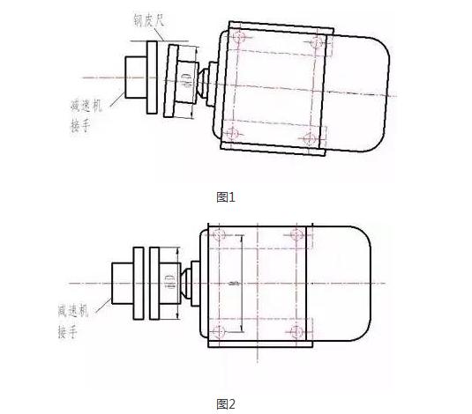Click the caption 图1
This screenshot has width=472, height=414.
coord(227,197)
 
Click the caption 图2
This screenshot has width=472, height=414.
coord(227,404)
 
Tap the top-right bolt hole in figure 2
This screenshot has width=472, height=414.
coord(296,236)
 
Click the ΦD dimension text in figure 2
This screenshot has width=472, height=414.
coord(169,283)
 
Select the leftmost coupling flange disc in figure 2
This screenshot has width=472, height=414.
coord(139,283)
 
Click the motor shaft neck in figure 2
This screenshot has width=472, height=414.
coord(189,283)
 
